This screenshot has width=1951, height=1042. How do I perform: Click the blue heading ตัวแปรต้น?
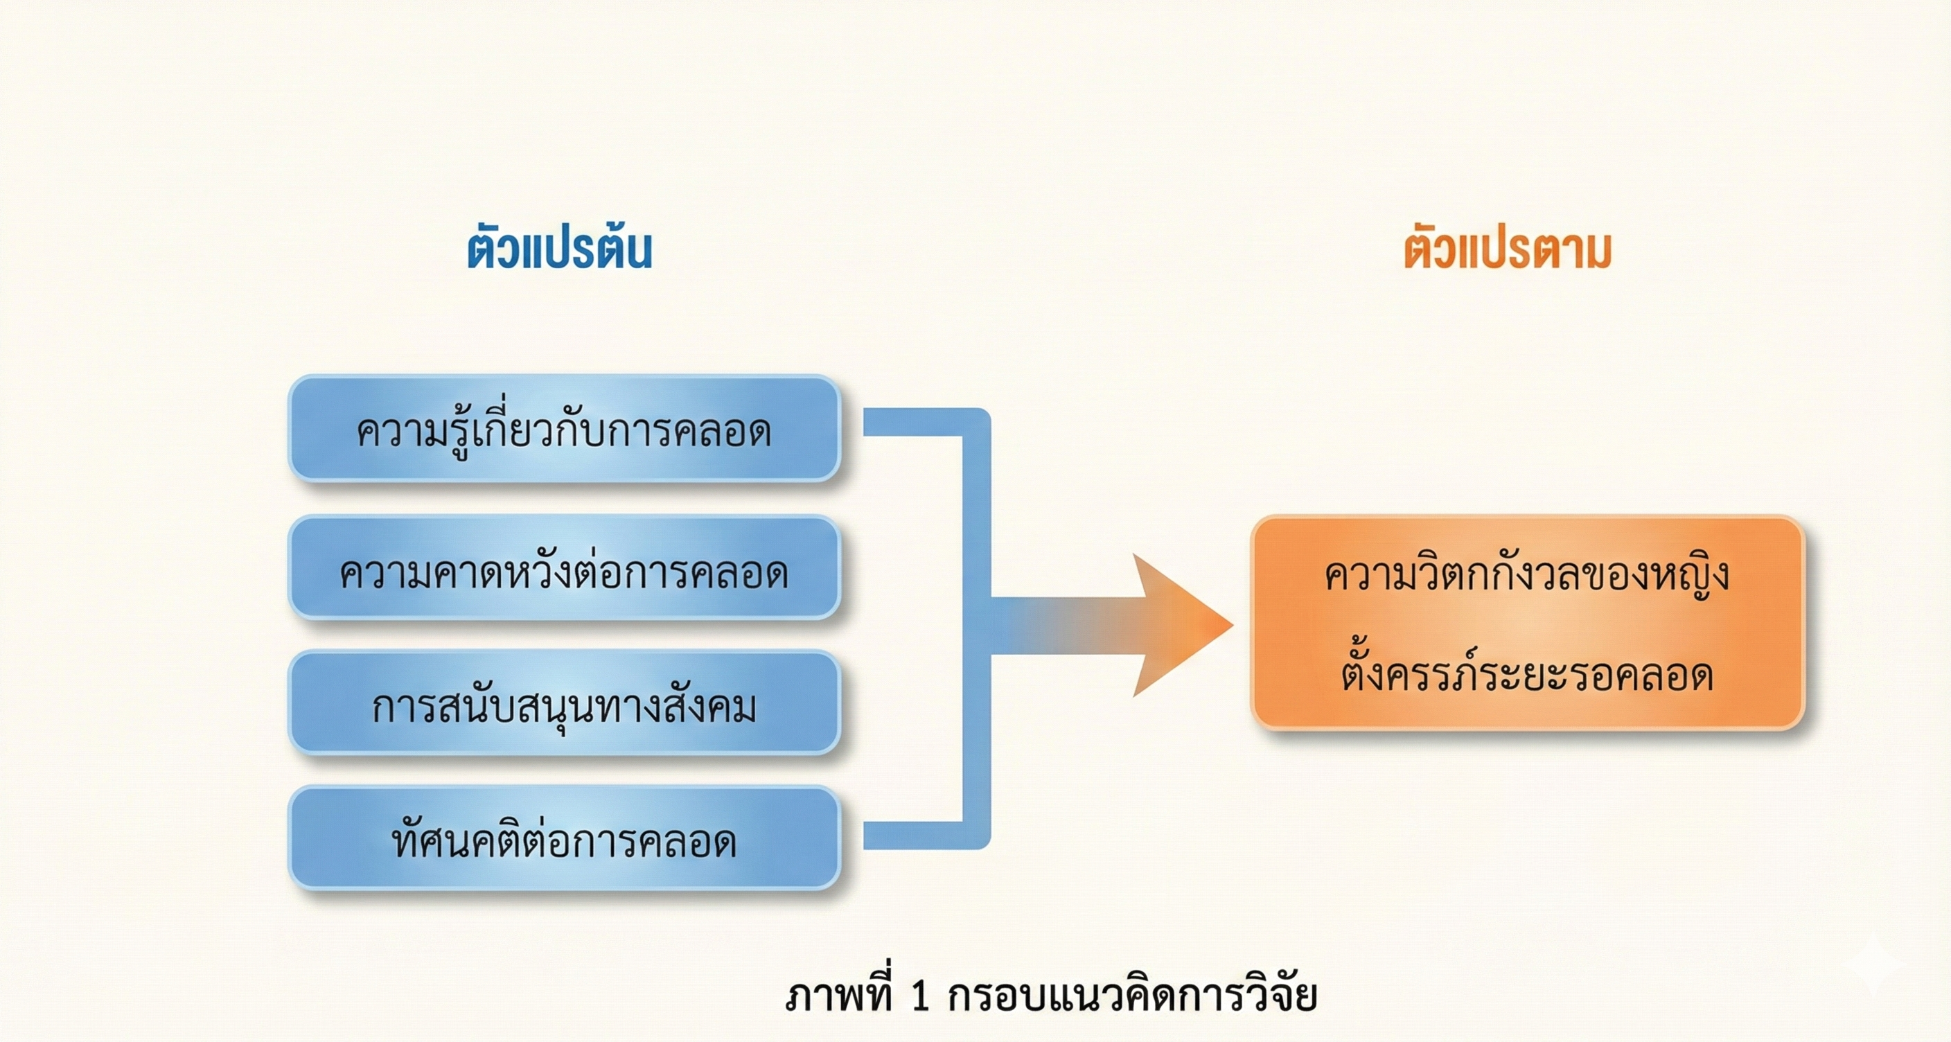[559, 250]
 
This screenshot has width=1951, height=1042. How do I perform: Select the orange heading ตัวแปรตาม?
[1507, 250]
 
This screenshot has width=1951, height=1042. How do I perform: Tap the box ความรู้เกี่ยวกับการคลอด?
[564, 430]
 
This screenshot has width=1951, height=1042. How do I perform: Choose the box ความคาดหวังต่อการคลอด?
[564, 568]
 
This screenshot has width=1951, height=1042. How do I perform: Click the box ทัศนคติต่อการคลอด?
[564, 838]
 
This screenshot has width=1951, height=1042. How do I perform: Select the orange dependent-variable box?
[1528, 622]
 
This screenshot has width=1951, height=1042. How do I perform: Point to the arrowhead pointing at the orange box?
[1181, 625]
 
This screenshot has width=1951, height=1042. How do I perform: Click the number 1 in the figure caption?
[919, 996]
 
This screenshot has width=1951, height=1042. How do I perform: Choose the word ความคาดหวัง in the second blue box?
[465, 572]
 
